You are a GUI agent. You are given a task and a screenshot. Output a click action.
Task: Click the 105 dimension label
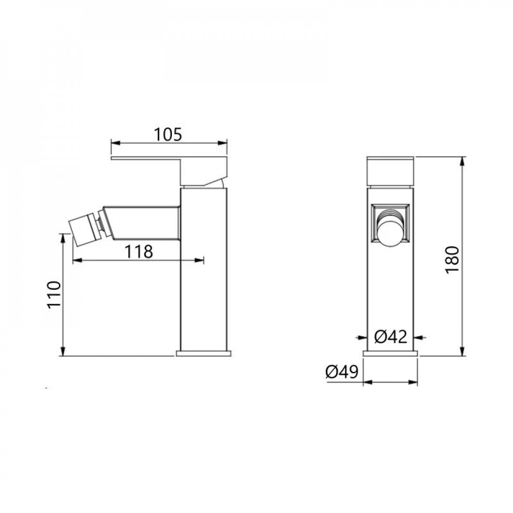168,134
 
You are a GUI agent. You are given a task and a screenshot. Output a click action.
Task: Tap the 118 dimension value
139,251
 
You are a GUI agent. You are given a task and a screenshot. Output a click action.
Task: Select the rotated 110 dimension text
54,294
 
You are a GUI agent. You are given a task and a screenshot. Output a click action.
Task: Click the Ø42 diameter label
390,337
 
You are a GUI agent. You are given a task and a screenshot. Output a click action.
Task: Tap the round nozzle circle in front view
391,232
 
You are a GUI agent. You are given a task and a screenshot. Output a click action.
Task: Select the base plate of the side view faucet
204,353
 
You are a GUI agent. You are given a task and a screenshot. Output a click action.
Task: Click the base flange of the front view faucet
390,353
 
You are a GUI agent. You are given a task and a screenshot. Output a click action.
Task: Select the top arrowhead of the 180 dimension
463,160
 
